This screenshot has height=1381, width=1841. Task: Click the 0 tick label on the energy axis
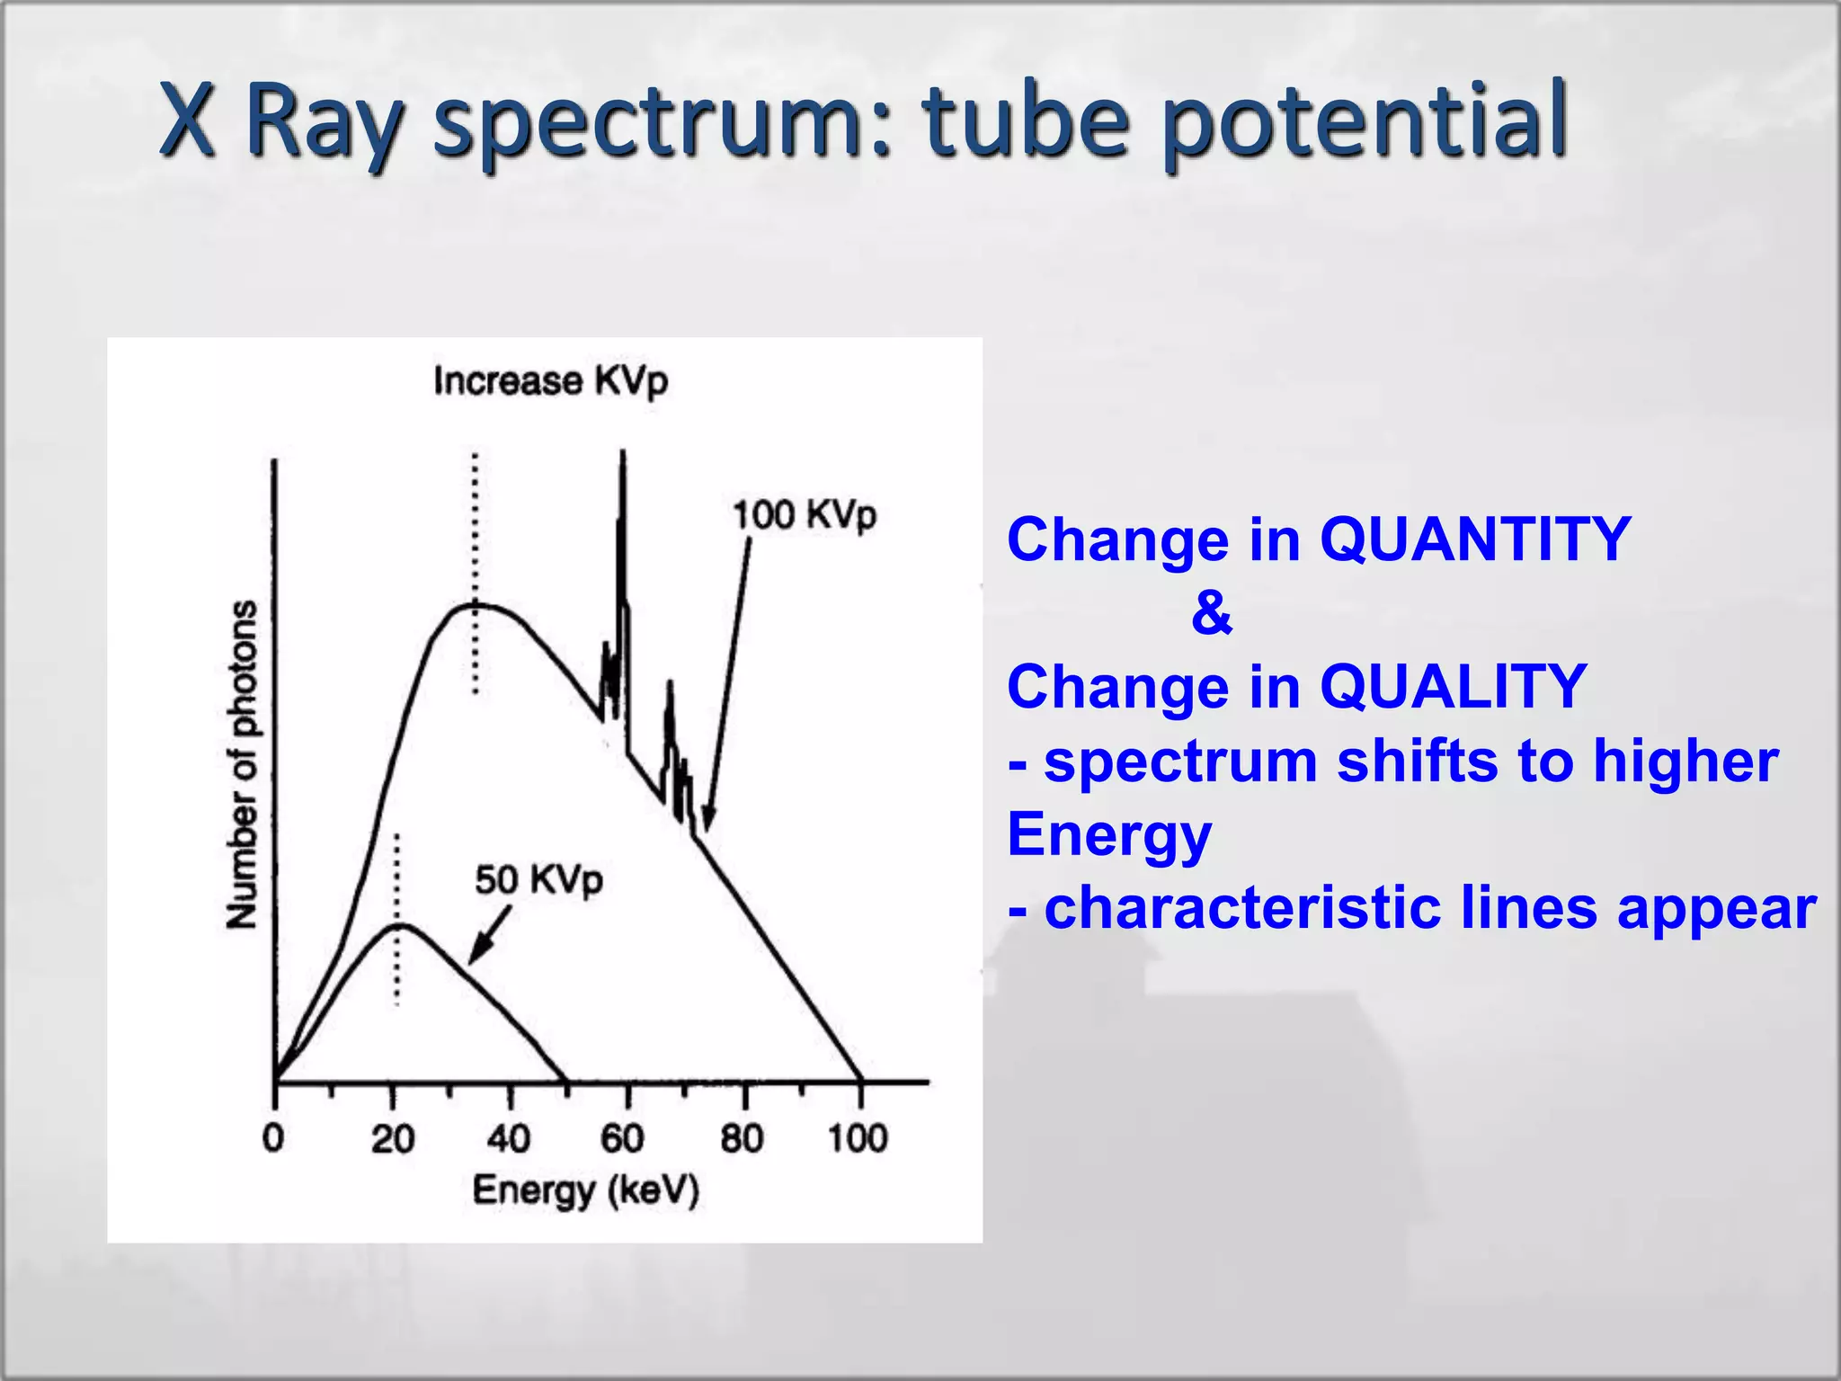(273, 1138)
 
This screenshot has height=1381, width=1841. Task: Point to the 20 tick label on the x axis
(393, 1138)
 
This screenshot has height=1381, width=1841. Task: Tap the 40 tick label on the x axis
(509, 1138)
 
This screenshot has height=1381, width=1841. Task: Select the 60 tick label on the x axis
(623, 1138)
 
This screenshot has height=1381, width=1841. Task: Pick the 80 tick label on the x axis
(743, 1138)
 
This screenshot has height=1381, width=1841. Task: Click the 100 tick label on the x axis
(858, 1138)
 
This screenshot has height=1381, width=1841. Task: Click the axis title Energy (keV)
(586, 1190)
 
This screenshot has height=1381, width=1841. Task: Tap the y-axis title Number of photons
(241, 764)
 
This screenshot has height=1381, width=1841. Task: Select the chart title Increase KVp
(551, 381)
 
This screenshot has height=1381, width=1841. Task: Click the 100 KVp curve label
(804, 515)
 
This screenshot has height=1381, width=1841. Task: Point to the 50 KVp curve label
(538, 879)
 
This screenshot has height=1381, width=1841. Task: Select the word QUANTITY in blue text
(1474, 539)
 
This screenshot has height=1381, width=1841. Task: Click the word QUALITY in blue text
(1453, 687)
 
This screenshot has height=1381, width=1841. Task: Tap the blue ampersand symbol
(1212, 613)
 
